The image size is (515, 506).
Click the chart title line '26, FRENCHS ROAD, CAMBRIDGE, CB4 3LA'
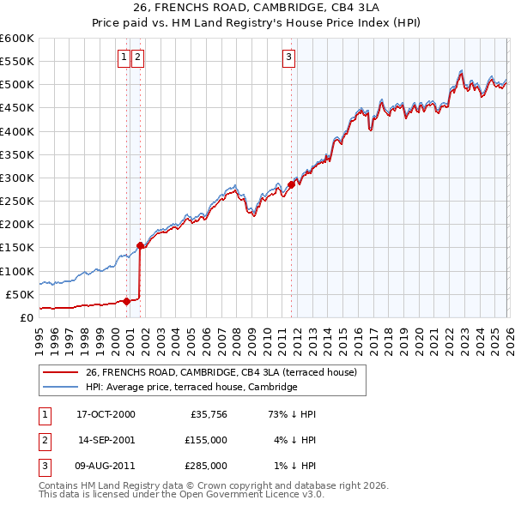(257, 8)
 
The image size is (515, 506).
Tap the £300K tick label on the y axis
(17, 178)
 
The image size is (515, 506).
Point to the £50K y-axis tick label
(20, 294)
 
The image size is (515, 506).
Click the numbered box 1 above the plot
(124, 57)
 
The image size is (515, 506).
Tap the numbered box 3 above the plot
(289, 57)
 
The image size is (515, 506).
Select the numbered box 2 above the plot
(137, 57)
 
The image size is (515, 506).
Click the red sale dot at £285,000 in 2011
(291, 184)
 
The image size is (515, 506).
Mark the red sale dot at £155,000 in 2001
(140, 245)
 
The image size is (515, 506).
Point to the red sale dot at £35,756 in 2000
(126, 300)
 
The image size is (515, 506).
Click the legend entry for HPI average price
(191, 387)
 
